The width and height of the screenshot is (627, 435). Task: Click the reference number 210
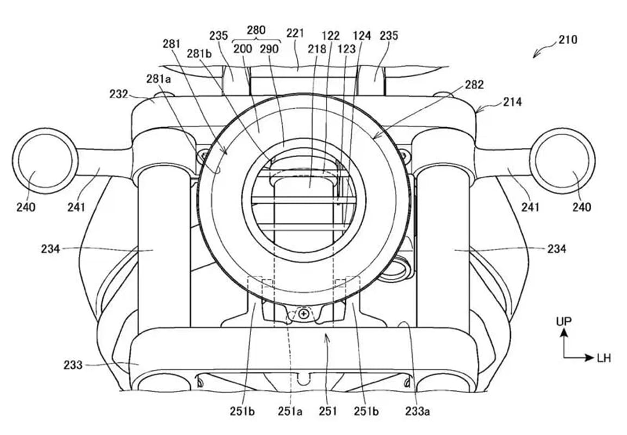click(568, 40)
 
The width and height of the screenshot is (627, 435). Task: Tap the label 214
click(512, 102)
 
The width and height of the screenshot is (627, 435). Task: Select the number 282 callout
click(474, 84)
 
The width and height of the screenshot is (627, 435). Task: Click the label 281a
click(159, 79)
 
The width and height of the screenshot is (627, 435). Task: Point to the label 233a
click(417, 411)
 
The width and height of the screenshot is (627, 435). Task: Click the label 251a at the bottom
click(290, 411)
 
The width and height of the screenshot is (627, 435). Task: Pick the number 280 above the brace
click(256, 30)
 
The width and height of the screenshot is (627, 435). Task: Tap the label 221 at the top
click(295, 33)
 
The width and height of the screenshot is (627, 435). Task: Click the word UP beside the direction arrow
click(564, 321)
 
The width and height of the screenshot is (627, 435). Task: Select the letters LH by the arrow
click(604, 358)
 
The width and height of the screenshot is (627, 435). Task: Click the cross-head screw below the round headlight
click(305, 313)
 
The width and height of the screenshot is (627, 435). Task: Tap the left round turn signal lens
click(45, 161)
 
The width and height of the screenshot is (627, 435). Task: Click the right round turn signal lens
click(563, 161)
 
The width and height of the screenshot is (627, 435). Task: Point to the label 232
click(119, 94)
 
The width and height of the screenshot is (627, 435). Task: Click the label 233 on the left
click(73, 365)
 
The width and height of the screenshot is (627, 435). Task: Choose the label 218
click(317, 49)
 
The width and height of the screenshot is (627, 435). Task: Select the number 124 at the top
click(362, 35)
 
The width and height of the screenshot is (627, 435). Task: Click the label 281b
click(199, 53)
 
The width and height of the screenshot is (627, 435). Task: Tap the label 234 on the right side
click(557, 249)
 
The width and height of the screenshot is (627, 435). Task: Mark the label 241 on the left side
click(76, 207)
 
